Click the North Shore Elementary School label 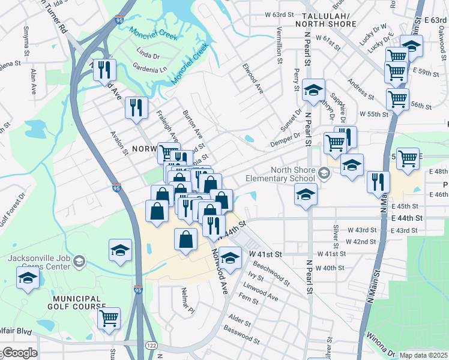click(292, 173)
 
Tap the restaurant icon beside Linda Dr click(105, 70)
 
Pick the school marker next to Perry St click(313, 90)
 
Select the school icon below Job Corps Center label click(28, 278)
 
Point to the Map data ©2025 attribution click(423, 355)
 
